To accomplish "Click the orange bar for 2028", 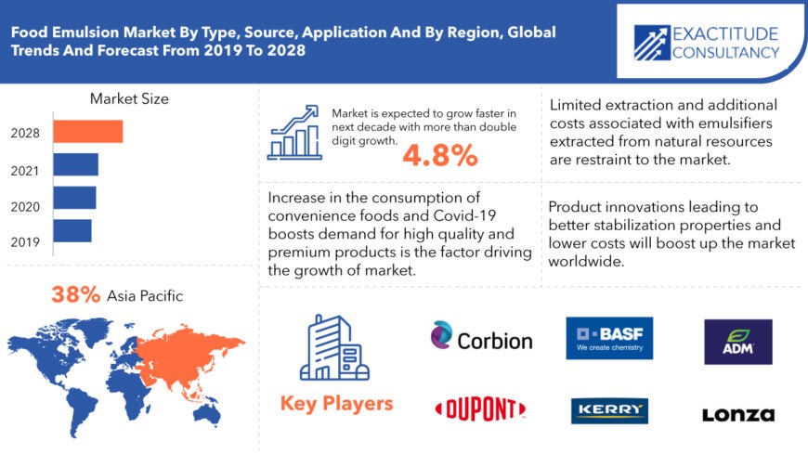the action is click(x=88, y=132).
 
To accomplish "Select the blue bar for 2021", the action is click(x=76, y=164).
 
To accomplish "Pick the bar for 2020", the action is click(x=74, y=198).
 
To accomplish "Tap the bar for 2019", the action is click(x=72, y=231).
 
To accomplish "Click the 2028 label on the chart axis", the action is click(x=25, y=133).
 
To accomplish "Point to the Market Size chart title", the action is click(x=129, y=98).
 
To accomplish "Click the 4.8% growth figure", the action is click(x=440, y=155).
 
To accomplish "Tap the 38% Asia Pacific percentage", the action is click(x=75, y=294).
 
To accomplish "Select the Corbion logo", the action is click(x=481, y=336).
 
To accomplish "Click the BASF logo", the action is click(x=609, y=338).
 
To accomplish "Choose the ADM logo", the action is click(x=738, y=342).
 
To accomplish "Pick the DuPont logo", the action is click(x=480, y=409).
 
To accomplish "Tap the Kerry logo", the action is click(x=609, y=410).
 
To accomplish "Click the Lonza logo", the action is click(x=738, y=415).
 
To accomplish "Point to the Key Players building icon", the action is click(x=335, y=348).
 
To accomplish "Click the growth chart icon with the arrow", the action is click(x=294, y=133).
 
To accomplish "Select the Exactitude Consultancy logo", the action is click(x=707, y=43).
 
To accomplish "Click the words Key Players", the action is click(x=336, y=404).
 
